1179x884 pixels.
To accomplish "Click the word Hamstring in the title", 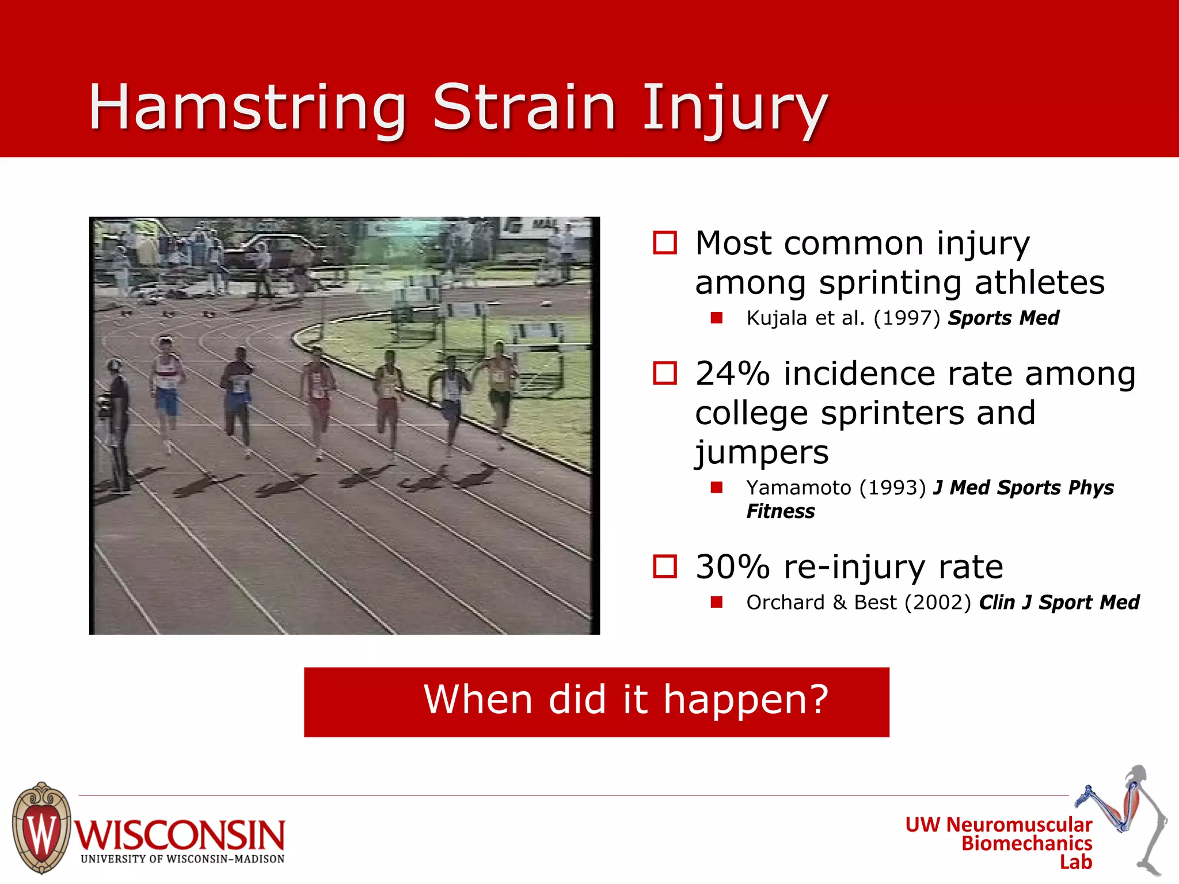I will (248, 108).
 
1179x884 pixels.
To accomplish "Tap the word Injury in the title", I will (734, 108).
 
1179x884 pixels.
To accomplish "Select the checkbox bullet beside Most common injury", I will (665, 243).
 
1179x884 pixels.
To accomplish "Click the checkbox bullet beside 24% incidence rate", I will (665, 374).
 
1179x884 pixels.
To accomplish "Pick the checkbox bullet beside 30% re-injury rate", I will (665, 567).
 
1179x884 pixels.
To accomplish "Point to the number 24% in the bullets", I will (732, 374).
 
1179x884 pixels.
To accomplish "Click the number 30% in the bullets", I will (732, 567).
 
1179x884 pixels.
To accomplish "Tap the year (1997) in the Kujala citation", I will (906, 318).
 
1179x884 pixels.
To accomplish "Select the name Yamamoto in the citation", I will (798, 488).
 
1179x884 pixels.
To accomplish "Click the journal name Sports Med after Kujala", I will (1003, 318).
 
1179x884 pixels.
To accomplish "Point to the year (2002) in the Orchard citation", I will (937, 603).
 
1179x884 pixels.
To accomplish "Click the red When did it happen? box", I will (596, 702).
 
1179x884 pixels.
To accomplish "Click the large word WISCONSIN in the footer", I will (180, 835).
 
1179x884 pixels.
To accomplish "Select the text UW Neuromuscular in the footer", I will (998, 825).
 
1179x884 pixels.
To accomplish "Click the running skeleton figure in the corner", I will (1131, 817).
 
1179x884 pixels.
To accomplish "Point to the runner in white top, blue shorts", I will (167, 386).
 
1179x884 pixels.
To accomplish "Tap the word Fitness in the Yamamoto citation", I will (780, 512).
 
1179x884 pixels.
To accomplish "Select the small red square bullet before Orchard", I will (716, 603).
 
